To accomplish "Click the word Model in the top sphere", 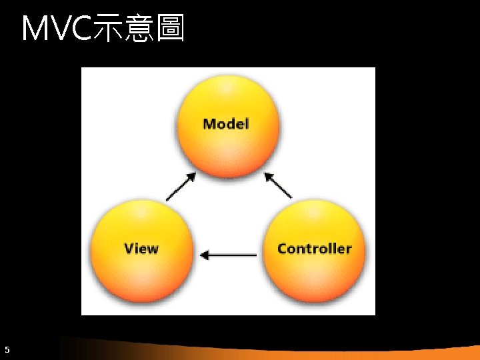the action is tap(225, 124).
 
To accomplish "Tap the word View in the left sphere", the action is tap(141, 249).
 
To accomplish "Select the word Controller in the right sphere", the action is tap(314, 249).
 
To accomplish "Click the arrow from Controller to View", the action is tap(229, 255).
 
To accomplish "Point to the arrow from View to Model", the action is tap(181, 187).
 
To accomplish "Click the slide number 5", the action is tap(7, 349).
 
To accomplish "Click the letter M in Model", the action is tap(209, 124).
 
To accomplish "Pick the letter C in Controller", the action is tap(282, 249).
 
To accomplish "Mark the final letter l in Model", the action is tap(247, 123).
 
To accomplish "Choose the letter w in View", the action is tap(153, 249).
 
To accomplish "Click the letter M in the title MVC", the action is tap(35, 29).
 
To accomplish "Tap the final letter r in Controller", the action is tap(349, 249).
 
